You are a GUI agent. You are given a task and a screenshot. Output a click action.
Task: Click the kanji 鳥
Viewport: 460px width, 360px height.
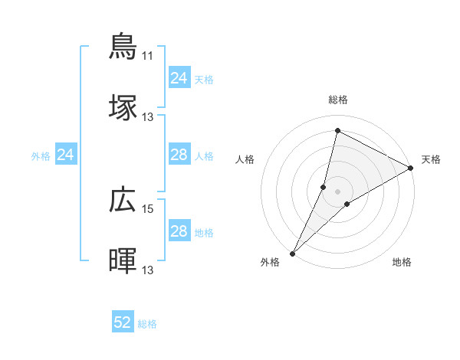coord(123,46)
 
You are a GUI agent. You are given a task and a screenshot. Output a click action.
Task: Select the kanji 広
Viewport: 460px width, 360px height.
coord(123,200)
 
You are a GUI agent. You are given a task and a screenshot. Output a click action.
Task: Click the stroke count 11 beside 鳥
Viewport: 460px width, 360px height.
coord(147,56)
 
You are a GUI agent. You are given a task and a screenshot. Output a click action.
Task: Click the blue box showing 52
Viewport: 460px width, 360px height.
coord(123,322)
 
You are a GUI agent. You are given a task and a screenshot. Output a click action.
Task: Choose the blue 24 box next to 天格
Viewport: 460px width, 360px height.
coord(179,78)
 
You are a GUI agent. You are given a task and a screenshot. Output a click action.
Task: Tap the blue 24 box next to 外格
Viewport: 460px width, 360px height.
coord(66,155)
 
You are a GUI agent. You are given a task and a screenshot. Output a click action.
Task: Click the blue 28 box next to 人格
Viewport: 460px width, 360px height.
coord(179,155)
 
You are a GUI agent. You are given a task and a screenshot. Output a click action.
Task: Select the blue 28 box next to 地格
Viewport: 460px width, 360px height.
coord(179,231)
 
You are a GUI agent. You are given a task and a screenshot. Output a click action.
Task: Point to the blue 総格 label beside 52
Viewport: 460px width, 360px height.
coord(147,324)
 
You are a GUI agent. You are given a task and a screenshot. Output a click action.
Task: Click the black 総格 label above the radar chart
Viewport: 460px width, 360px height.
coord(338,100)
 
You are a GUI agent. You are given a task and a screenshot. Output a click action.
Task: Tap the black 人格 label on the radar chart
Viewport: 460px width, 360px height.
coord(245,159)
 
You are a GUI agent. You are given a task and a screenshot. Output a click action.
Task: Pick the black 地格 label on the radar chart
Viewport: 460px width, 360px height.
coord(402,262)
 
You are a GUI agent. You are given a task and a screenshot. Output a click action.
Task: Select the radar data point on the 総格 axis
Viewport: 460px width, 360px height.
coord(337,131)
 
